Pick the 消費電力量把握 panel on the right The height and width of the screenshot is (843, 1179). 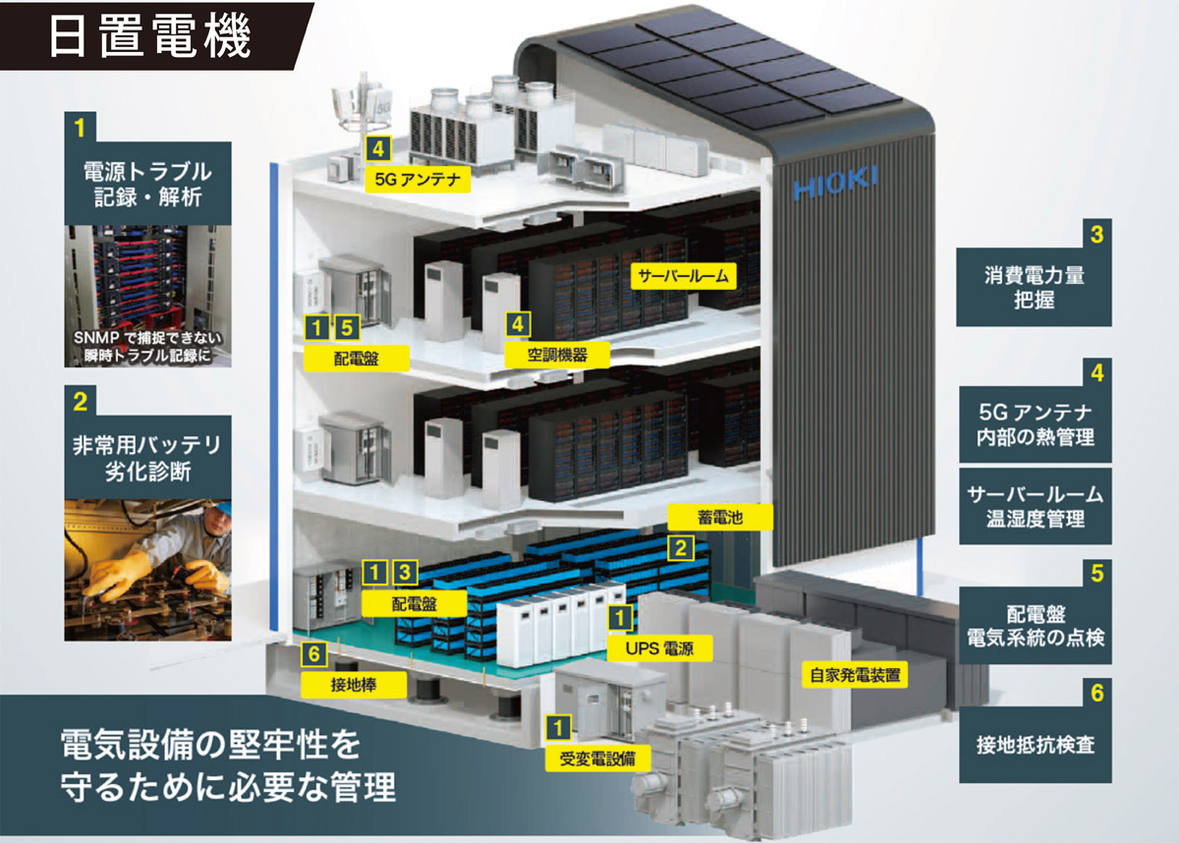coord(1034,287)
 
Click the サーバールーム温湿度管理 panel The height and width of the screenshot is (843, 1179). coord(1035,507)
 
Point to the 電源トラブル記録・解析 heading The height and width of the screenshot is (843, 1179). coord(147,184)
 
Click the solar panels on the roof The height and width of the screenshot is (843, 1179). coord(748,69)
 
